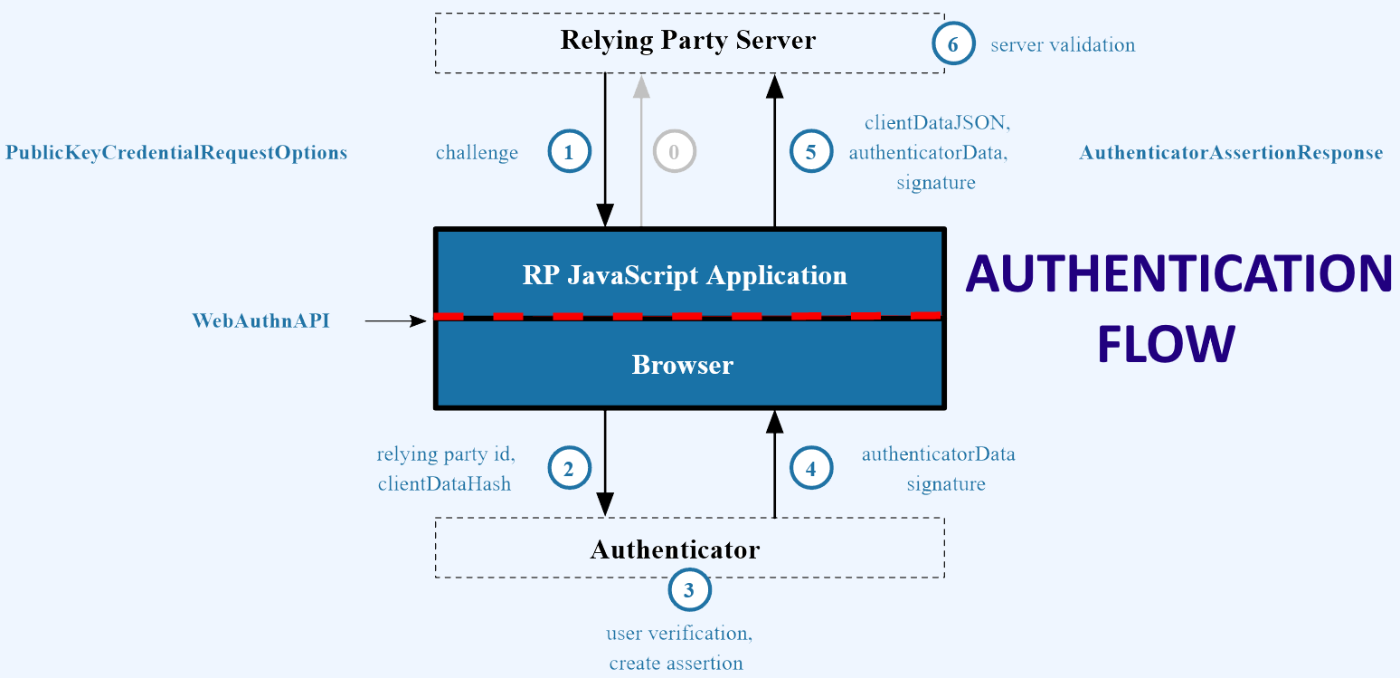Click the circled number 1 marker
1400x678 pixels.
point(569,152)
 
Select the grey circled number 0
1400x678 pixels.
point(674,152)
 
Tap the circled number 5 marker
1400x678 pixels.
point(810,152)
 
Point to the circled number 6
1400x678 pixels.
point(953,43)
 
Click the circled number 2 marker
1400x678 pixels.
point(569,468)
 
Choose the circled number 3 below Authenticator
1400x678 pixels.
point(689,591)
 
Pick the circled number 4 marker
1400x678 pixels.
point(810,468)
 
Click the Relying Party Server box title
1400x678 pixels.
point(687,41)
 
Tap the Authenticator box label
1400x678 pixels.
point(675,549)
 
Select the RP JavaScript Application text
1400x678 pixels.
point(685,275)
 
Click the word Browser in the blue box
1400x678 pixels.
point(682,365)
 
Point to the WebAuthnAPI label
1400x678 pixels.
point(260,320)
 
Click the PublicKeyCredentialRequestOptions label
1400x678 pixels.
point(176,153)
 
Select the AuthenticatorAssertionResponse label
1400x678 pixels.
point(1231,153)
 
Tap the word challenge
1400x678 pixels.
point(477,153)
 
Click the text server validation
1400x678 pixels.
point(1062,44)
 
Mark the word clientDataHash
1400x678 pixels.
point(444,484)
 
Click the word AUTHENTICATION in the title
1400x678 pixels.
point(1178,274)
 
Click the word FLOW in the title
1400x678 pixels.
point(1166,345)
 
